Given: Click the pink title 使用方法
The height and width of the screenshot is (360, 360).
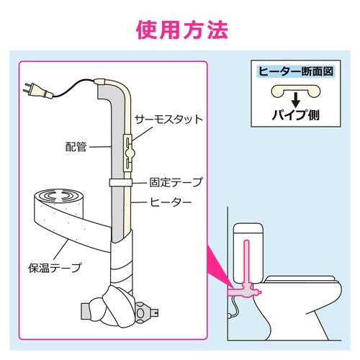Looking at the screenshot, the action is [x=182, y=30].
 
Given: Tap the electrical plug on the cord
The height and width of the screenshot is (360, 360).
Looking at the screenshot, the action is [x=38, y=91].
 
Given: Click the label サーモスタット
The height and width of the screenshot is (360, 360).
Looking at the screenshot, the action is [x=168, y=120].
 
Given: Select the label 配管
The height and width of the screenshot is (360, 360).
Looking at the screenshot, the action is [x=76, y=147].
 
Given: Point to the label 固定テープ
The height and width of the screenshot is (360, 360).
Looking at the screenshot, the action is [x=176, y=182].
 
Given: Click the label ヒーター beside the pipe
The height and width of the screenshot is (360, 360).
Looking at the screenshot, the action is [x=171, y=202].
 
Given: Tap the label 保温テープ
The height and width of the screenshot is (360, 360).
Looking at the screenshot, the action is [x=55, y=268].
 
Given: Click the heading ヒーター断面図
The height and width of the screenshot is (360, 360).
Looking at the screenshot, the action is [x=296, y=71].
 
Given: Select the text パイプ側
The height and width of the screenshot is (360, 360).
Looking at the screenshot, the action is [x=296, y=114].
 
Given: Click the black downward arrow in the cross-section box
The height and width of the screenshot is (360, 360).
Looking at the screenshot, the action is [x=296, y=99].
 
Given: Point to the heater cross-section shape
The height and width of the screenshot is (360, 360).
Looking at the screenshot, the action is [x=296, y=91].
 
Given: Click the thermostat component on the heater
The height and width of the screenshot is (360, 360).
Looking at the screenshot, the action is [x=129, y=153].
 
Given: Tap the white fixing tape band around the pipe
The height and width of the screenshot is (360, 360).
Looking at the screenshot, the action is [x=121, y=183].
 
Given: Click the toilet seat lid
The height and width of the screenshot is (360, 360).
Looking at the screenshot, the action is [x=300, y=279].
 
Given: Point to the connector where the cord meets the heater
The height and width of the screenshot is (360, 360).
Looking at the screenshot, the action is [x=99, y=81].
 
